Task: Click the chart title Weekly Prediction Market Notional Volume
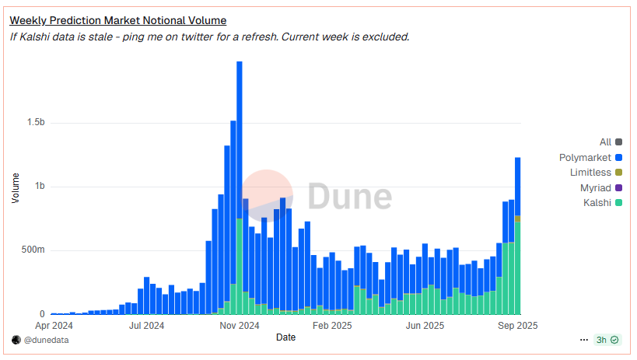(x=117, y=20)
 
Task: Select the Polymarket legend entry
(x=590, y=157)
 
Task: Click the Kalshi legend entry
(x=603, y=202)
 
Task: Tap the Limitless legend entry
(x=596, y=173)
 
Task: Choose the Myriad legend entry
(x=601, y=187)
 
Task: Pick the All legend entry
(x=611, y=142)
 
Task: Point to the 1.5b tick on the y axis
(x=36, y=122)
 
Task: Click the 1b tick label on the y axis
(x=40, y=186)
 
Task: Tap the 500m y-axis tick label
(x=33, y=250)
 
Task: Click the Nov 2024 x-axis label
(x=240, y=326)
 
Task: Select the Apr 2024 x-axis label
(x=54, y=326)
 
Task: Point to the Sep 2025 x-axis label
(x=517, y=326)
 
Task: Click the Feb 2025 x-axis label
(x=332, y=326)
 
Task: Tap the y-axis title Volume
(x=16, y=187)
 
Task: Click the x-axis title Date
(x=285, y=337)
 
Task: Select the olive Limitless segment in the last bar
(x=517, y=219)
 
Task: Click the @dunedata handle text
(x=46, y=340)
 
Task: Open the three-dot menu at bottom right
(x=584, y=340)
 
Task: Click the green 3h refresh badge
(x=607, y=340)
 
